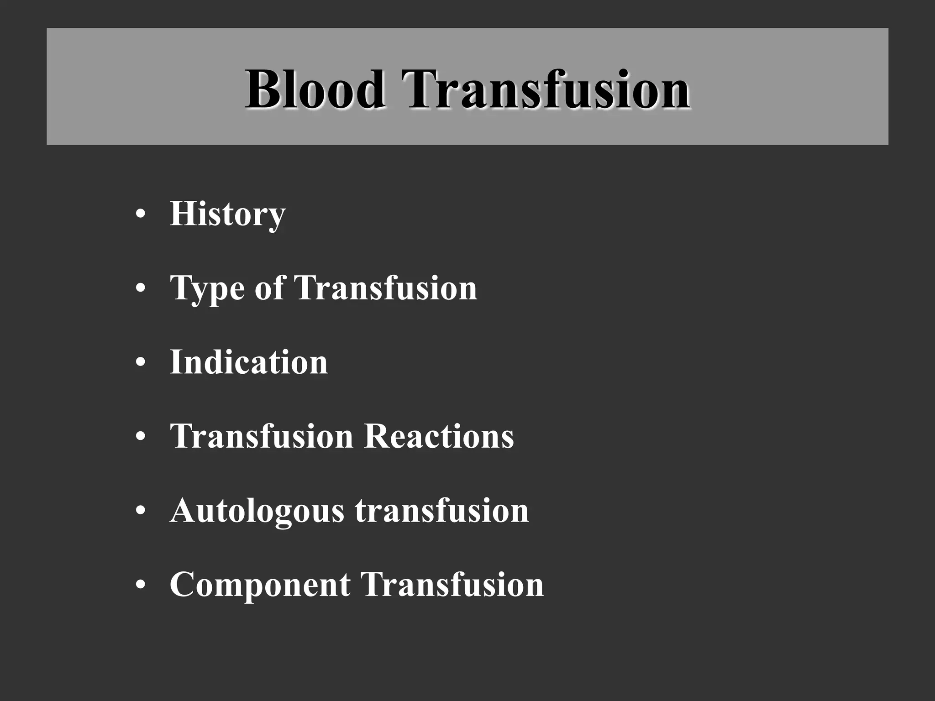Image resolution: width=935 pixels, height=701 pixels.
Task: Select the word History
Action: pos(227,214)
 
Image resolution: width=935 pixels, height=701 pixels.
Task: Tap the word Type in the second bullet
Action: pos(208,288)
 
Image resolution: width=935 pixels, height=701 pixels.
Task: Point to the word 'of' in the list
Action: pos(269,288)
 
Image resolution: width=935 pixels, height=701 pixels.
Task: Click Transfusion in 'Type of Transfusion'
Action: pos(386,288)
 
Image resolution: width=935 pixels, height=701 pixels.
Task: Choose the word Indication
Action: pos(249,362)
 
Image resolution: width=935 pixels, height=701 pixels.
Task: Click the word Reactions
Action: pos(439,436)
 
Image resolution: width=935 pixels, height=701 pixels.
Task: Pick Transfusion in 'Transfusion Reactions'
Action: pos(262,436)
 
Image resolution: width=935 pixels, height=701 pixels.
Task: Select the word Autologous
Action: pos(257,511)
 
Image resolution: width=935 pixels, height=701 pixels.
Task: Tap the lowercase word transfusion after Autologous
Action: pos(442,510)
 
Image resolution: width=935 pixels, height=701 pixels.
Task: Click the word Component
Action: pos(260,584)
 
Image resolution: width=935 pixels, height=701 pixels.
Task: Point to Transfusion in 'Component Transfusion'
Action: pos(452,584)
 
